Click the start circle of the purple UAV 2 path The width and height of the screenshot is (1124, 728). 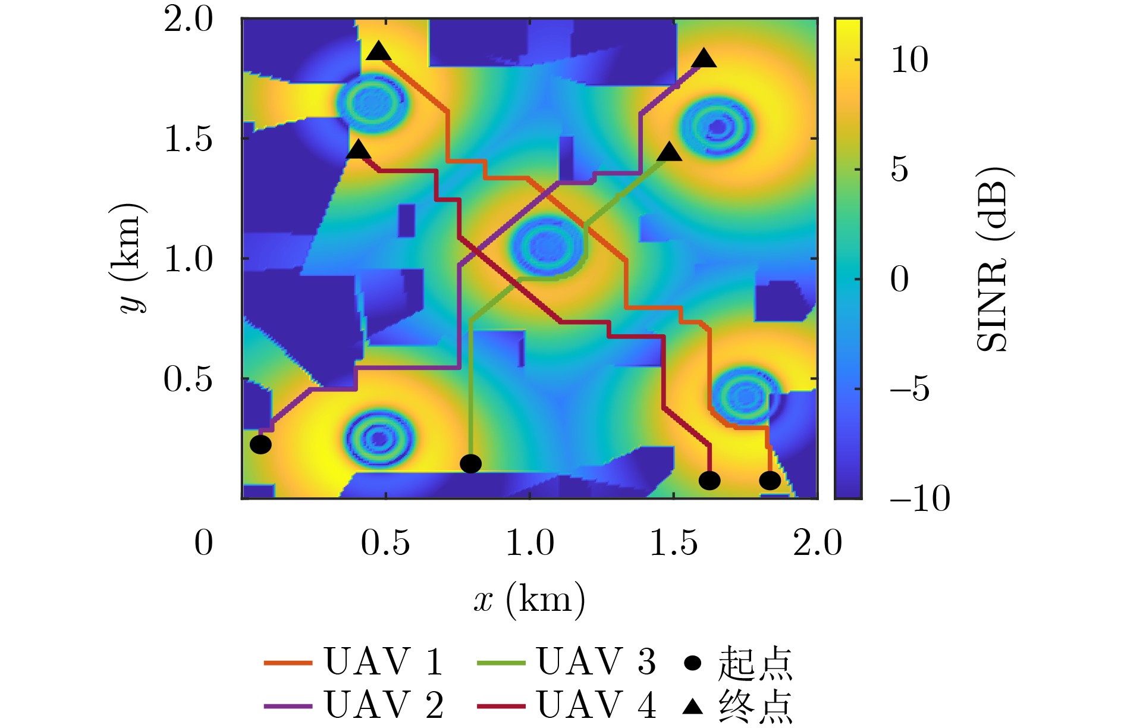point(260,444)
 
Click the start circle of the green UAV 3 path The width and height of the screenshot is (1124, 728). point(470,463)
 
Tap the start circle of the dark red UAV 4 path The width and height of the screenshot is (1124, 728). point(709,480)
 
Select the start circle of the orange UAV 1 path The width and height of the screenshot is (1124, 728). point(770,480)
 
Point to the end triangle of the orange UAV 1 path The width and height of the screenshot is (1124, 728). point(379,52)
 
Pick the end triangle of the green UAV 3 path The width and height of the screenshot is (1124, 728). point(670,153)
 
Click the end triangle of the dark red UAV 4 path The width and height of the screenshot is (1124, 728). point(358,150)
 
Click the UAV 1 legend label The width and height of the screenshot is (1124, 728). point(383,661)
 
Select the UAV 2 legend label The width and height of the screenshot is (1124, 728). point(383,705)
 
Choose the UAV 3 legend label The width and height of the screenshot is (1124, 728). point(596,661)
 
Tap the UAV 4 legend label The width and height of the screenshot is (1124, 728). point(596,705)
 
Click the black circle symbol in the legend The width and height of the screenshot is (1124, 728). point(693,663)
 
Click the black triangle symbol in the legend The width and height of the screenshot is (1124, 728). point(693,707)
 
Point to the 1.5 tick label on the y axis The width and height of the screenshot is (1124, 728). point(188,140)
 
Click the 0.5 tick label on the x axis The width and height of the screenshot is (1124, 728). point(385,543)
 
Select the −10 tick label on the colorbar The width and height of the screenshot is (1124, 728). point(919,498)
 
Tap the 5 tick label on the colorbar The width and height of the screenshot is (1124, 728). point(899,170)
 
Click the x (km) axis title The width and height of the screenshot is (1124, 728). point(529,600)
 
